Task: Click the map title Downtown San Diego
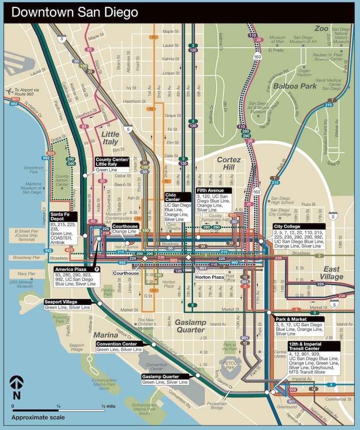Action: tap(74, 12)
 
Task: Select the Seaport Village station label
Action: tap(61, 302)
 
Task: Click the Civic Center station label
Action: tap(172, 197)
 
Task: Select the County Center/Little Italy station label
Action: tap(112, 162)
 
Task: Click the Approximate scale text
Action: tap(38, 417)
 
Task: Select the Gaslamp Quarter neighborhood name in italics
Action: tap(190, 326)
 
